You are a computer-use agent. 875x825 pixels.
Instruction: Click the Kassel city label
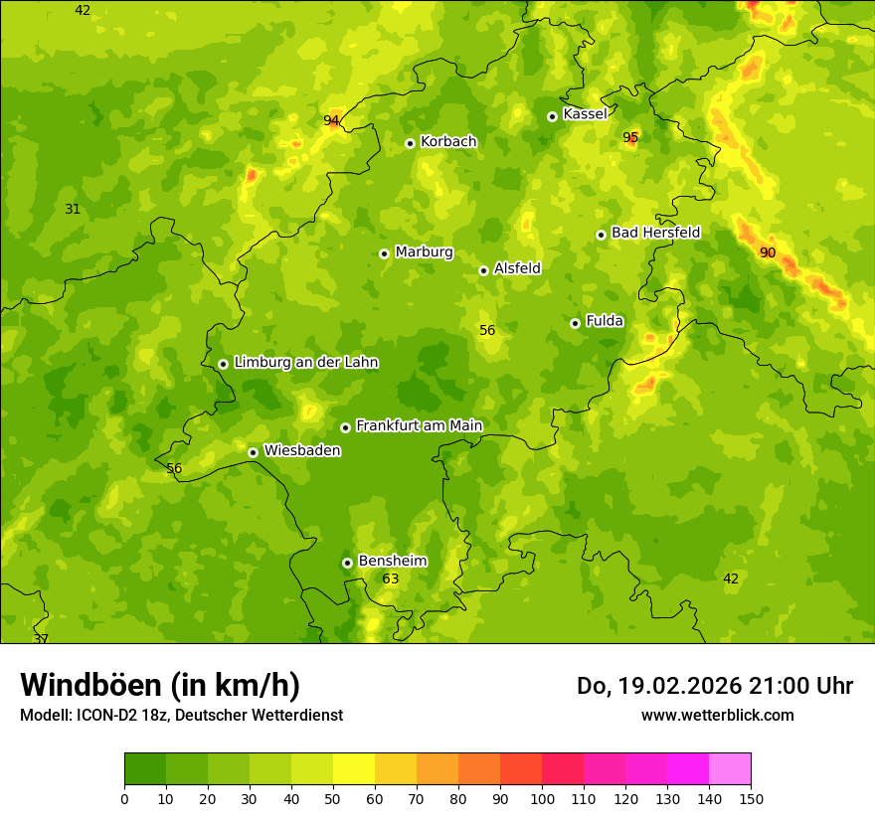(x=585, y=114)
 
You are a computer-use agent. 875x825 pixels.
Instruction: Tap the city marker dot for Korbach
(x=410, y=143)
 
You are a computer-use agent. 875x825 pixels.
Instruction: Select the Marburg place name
(x=424, y=252)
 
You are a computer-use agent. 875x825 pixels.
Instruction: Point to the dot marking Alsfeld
(x=483, y=270)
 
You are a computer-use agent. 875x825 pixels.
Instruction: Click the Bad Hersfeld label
(x=655, y=233)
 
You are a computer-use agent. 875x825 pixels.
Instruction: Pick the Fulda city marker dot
(x=575, y=323)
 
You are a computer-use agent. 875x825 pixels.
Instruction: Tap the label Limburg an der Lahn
(x=305, y=363)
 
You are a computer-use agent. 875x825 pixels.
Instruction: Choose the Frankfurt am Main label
(x=419, y=425)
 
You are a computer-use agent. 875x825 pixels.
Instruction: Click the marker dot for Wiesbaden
(x=253, y=452)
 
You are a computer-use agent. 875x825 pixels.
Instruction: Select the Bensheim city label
(x=392, y=561)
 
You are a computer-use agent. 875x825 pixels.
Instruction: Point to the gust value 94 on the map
(x=331, y=121)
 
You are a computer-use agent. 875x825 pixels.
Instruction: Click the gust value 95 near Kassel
(x=630, y=137)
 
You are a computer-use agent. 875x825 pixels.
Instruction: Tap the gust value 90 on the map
(x=768, y=252)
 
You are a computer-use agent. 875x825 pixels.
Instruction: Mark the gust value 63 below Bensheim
(x=391, y=578)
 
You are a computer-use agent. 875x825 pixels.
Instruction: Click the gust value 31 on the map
(x=73, y=209)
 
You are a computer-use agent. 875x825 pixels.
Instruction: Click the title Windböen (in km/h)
(x=160, y=686)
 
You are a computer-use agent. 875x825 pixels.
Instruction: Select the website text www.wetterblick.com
(x=717, y=715)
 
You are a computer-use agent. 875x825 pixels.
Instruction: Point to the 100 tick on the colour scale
(x=542, y=798)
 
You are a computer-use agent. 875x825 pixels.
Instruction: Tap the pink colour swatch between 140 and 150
(x=730, y=769)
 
